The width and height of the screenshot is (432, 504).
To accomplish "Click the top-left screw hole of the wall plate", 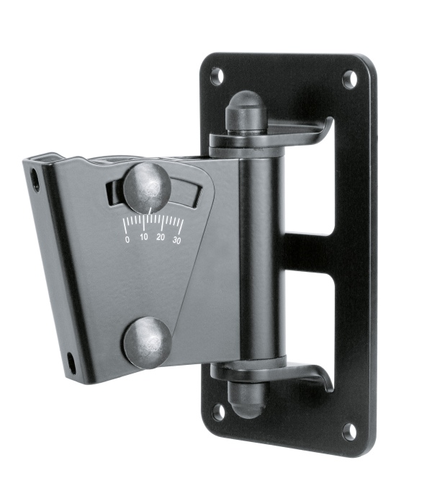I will pos(217,75).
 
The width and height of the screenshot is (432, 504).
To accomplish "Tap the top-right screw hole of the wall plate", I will pos(350,79).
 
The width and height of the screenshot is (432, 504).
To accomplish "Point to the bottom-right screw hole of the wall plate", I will pos(349,432).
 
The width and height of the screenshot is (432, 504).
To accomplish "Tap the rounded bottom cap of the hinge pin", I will pos(245,399).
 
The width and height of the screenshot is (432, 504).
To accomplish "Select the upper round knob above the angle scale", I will pos(147,187).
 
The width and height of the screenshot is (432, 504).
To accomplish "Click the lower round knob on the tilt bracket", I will pos(147,342).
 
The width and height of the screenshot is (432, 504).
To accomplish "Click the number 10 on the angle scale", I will pos(144,238).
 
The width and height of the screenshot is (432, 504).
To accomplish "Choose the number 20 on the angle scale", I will pos(161,238).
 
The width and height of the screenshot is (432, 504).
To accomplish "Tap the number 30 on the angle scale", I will pos(177,239).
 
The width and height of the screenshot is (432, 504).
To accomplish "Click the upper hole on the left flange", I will pos(35,180).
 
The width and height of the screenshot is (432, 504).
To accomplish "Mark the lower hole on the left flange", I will pos(71,361).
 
